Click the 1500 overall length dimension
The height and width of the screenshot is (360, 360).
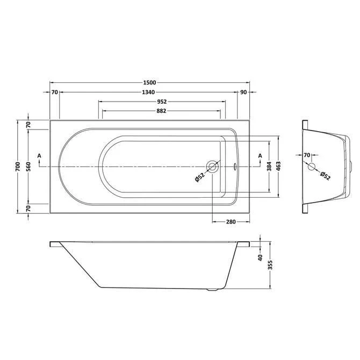(x=149, y=82)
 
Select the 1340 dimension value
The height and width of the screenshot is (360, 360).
(x=149, y=92)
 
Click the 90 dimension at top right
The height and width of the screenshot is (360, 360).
(x=244, y=92)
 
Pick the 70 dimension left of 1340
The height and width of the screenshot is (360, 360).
(x=54, y=92)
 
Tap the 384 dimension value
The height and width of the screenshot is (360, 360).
(x=269, y=167)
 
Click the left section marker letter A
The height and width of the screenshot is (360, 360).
(x=39, y=156)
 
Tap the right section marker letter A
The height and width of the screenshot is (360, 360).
(x=260, y=156)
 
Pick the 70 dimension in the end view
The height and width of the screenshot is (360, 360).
(x=306, y=156)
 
